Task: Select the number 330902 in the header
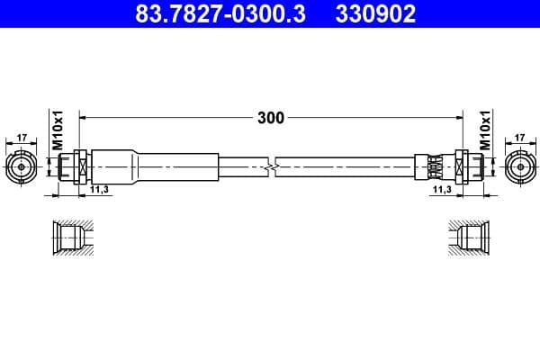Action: point(374,15)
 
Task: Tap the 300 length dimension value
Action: point(270,118)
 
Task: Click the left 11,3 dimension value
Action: point(98,190)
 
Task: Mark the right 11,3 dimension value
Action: point(441,190)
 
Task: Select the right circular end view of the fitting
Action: point(519,166)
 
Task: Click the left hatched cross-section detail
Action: point(69,239)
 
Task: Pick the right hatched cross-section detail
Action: point(471,239)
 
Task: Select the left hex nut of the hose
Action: point(78,166)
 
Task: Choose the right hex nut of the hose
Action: point(461,166)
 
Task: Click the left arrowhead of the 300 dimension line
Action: point(84,118)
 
